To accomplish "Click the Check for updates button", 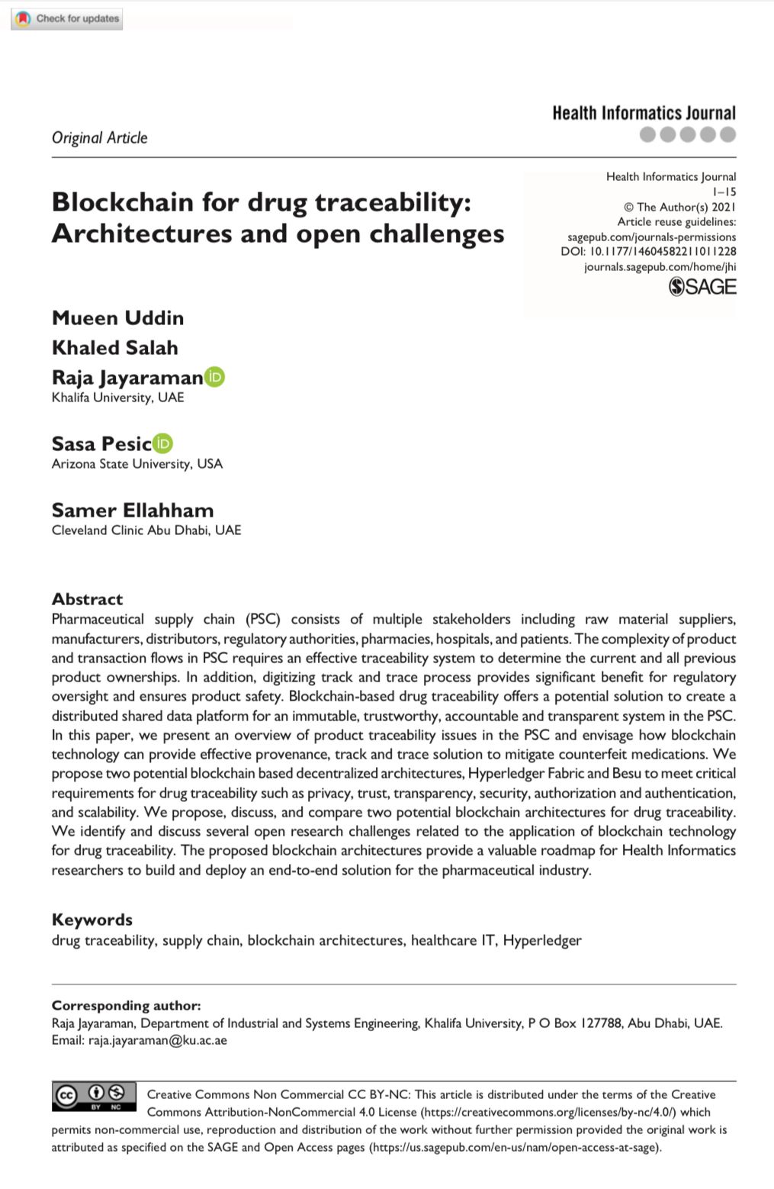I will coord(67,18).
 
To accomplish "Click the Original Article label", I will coord(99,138).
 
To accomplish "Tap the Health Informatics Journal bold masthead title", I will coord(644,114).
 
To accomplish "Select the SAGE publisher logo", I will coord(702,287).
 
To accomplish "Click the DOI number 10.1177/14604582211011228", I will coord(663,251).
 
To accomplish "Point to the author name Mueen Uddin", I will coord(117,318).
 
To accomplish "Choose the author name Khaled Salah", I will coord(114,348).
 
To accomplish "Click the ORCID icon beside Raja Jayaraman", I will coord(215,377).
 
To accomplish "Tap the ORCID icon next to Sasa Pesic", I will coord(163,443).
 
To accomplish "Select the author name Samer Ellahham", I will coord(133,511).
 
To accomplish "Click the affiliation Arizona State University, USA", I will coord(137,464).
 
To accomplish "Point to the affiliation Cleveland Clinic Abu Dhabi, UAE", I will coord(146,530).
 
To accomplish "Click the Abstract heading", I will coord(87,599).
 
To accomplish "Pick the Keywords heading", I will coord(92,920).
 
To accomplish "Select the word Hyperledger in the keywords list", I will coord(541,940).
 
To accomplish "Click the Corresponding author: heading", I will coord(126,1006).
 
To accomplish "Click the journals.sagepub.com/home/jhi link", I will coord(660,266).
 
